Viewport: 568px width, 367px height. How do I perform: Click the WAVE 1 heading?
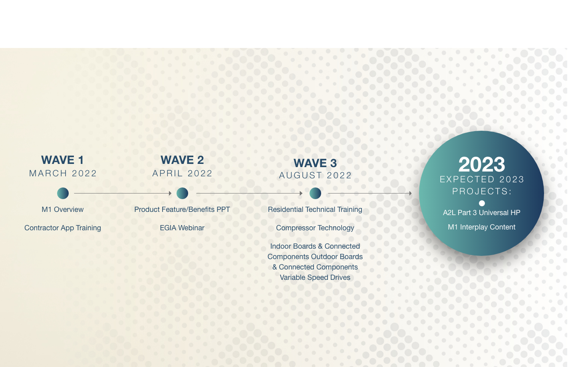point(62,160)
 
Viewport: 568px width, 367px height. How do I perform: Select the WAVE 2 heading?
point(182,160)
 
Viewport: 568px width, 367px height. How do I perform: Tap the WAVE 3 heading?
point(315,163)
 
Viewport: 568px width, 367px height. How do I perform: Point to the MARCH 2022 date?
point(63,174)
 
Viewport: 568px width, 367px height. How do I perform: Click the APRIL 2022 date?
point(182,174)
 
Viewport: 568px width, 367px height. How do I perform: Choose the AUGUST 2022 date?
point(315,176)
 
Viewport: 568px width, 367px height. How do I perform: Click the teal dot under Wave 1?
point(63,193)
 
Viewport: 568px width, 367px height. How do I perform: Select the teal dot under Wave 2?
point(182,193)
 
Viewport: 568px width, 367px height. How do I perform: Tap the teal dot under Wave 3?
point(315,193)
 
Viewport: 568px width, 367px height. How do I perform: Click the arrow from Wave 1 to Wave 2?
point(123,193)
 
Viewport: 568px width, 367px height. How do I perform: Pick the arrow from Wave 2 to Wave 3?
point(249,193)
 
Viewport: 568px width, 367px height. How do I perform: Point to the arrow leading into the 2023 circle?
point(370,193)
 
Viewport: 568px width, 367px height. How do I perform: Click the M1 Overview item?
point(63,209)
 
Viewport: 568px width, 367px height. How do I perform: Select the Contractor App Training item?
point(63,228)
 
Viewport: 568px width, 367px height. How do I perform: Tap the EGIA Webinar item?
point(182,228)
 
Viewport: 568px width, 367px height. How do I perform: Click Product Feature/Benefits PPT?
point(182,209)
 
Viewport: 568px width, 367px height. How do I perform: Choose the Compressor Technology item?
point(315,228)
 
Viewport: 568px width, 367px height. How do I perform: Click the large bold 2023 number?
point(482,164)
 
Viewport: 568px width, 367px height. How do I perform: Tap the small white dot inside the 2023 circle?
point(482,203)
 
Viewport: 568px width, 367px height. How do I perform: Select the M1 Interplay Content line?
point(482,227)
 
